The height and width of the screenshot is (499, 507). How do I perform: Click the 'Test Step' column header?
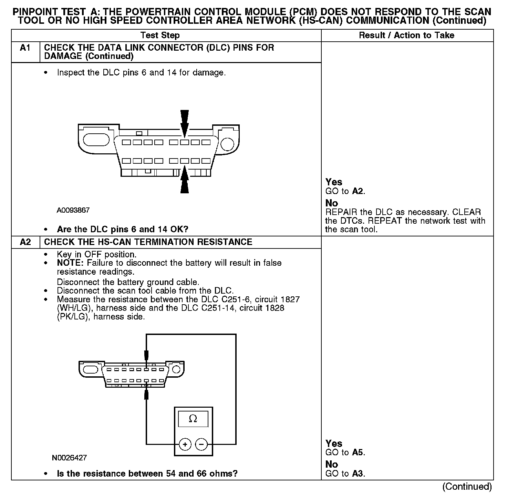pyautogui.click(x=160, y=35)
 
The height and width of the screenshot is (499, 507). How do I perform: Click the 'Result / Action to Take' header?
pyautogui.click(x=406, y=35)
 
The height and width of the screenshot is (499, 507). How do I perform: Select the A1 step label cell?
pyautogui.click(x=25, y=48)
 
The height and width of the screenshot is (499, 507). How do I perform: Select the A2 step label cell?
pyautogui.click(x=25, y=242)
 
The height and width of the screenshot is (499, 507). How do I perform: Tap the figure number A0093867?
pyautogui.click(x=73, y=210)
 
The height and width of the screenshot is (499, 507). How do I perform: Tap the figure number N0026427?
pyautogui.click(x=70, y=458)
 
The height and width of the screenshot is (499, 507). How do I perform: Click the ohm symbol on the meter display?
pyautogui.click(x=193, y=419)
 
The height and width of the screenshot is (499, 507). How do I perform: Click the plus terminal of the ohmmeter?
pyautogui.click(x=185, y=444)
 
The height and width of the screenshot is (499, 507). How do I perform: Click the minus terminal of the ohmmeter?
pyautogui.click(x=201, y=444)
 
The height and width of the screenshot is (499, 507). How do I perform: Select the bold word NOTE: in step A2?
pyautogui.click(x=71, y=263)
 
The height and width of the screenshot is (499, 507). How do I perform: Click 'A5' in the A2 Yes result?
pyautogui.click(x=358, y=452)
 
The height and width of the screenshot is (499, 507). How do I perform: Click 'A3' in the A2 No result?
pyautogui.click(x=358, y=473)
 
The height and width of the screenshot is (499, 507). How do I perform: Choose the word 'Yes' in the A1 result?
pyautogui.click(x=334, y=182)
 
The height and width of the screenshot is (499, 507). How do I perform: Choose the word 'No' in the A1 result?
pyautogui.click(x=332, y=203)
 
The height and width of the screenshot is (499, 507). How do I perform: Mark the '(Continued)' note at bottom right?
pyautogui.click(x=467, y=486)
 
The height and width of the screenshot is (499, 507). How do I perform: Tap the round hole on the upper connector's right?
pyautogui.click(x=227, y=144)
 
